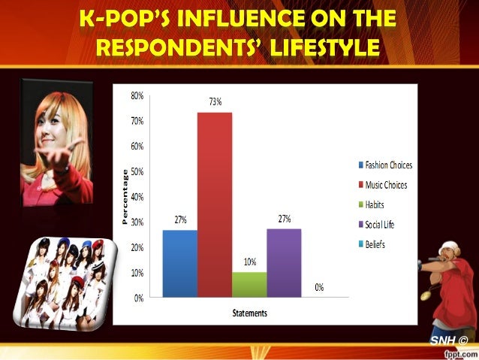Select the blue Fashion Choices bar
click(x=180, y=263)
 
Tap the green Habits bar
click(x=249, y=284)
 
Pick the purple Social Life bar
click(x=284, y=263)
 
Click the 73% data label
click(x=215, y=102)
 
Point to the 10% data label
click(x=249, y=262)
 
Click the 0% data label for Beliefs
click(x=319, y=288)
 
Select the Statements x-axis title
click(x=249, y=313)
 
